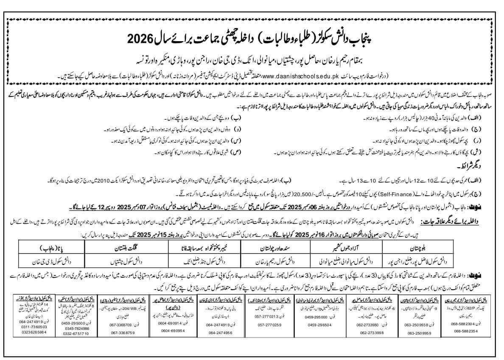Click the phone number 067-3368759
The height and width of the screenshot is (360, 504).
point(123,333)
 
